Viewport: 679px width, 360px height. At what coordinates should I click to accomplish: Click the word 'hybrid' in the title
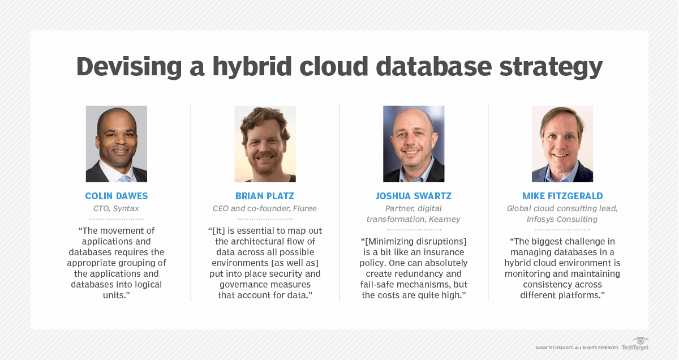[252, 67]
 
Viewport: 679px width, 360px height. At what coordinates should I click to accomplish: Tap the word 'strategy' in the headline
[551, 67]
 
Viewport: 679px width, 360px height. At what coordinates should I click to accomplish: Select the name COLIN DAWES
[117, 196]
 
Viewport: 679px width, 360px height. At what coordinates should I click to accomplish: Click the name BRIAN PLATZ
[265, 196]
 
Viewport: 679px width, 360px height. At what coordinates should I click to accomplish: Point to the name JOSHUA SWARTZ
[414, 196]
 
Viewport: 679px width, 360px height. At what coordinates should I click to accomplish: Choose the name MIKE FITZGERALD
[562, 196]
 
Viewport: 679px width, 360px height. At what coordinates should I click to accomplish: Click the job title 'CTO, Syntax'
[116, 209]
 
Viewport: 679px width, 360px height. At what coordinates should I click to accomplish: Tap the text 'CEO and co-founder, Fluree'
[265, 208]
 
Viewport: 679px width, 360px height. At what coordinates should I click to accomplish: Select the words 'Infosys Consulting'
[562, 219]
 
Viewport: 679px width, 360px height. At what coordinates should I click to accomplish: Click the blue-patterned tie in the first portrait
[125, 179]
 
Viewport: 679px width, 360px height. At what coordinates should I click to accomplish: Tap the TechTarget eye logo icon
[640, 341]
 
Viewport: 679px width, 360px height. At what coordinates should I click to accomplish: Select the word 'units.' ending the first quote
[117, 295]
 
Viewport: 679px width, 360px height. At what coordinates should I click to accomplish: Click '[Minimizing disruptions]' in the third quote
[414, 242]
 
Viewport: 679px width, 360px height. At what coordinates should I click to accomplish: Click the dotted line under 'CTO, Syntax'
[117, 218]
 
